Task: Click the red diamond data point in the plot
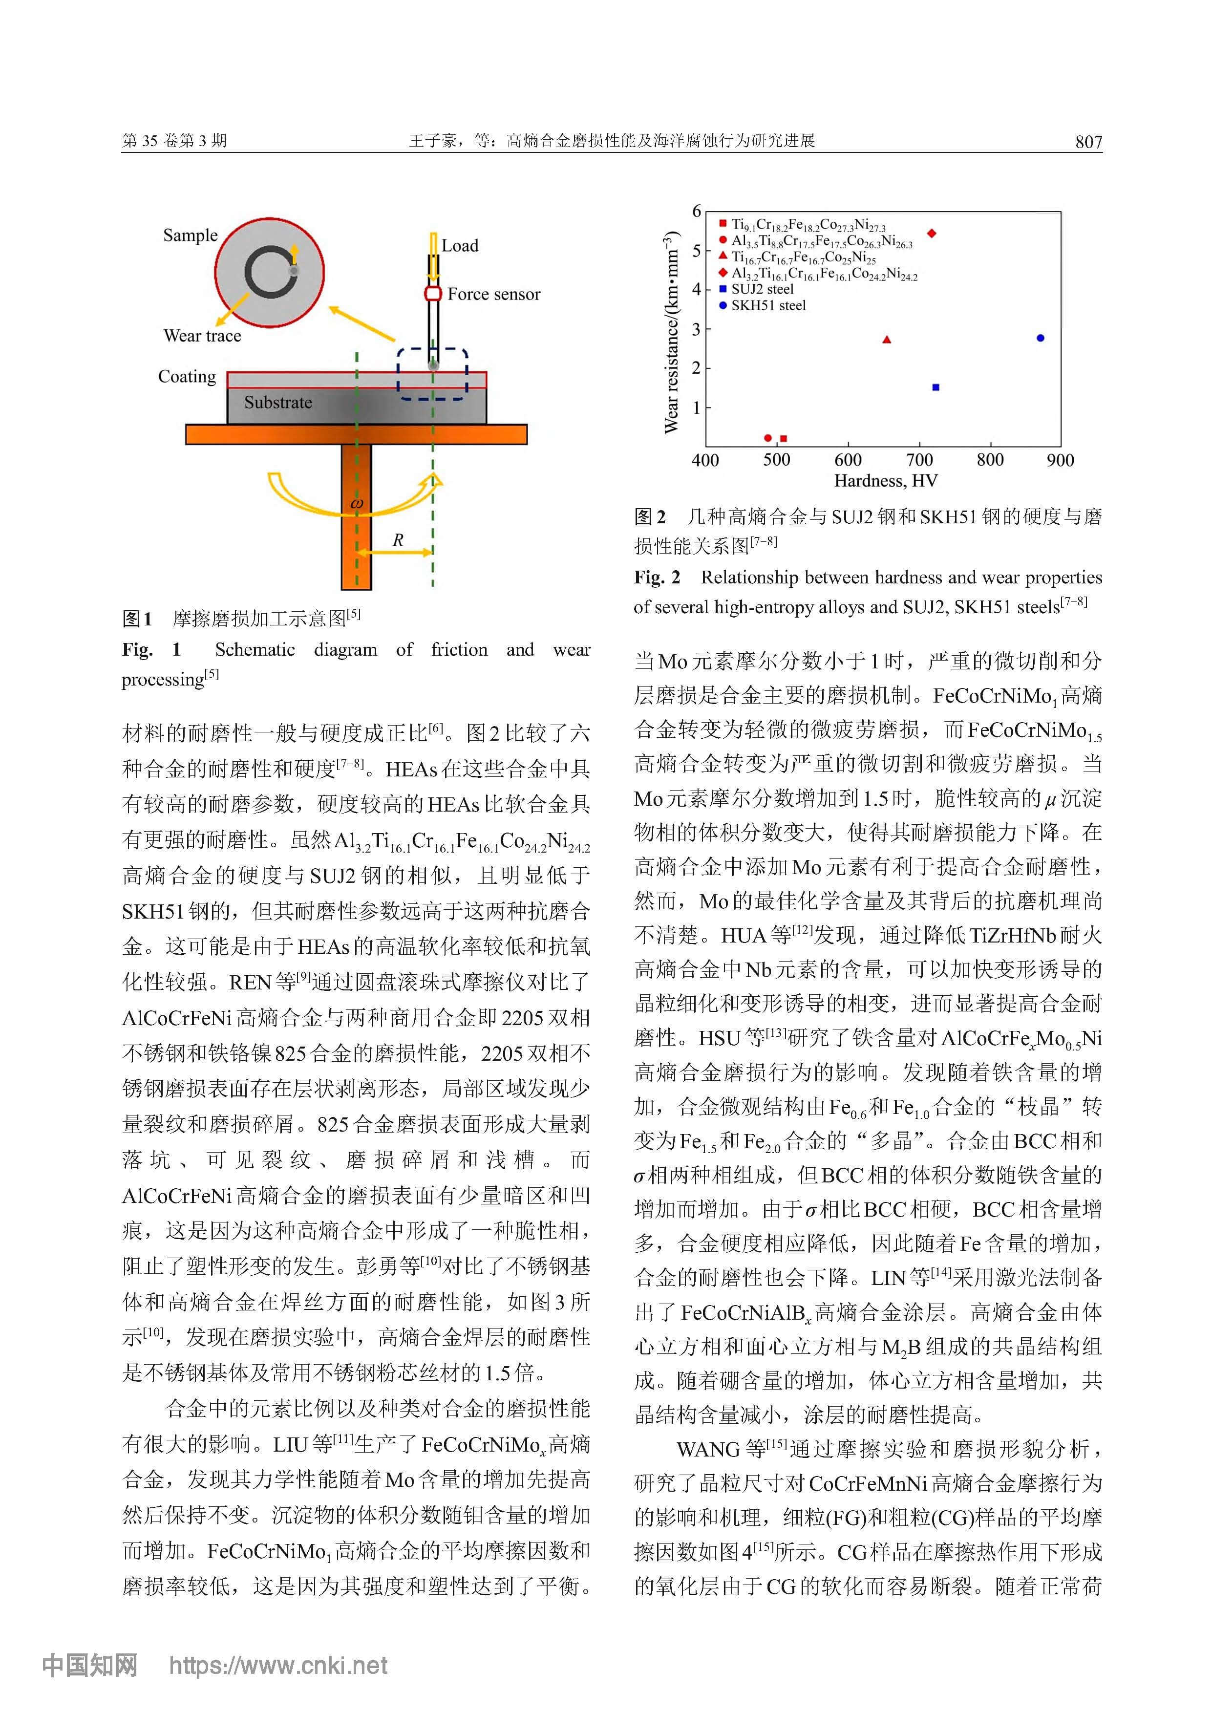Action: click(x=932, y=234)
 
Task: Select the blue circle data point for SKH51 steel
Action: click(x=1041, y=338)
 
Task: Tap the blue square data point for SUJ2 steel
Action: click(x=936, y=387)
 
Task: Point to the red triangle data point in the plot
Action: click(x=887, y=340)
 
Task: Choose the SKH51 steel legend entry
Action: click(x=767, y=305)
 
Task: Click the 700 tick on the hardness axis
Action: click(x=919, y=460)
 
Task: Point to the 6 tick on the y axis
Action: click(x=696, y=211)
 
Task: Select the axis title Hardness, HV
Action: click(x=885, y=481)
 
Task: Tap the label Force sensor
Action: click(x=493, y=294)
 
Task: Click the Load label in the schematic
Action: click(x=460, y=246)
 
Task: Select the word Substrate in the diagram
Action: click(x=277, y=403)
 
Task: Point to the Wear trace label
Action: click(x=202, y=336)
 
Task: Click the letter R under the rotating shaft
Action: click(x=398, y=540)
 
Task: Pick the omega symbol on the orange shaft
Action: click(x=356, y=504)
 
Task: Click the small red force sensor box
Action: click(x=433, y=293)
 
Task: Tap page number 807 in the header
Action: click(x=1088, y=141)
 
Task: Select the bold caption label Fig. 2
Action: click(x=657, y=577)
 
